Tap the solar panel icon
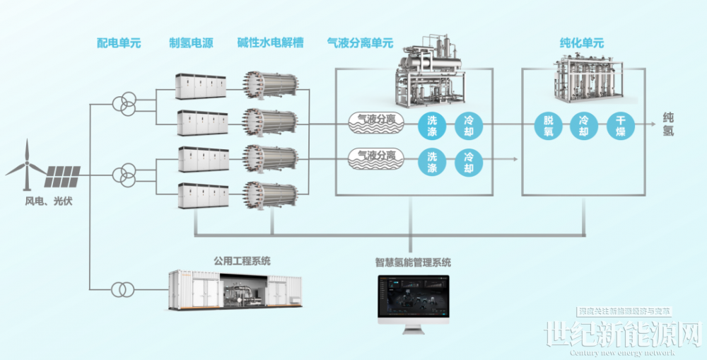click(63, 172)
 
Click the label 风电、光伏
click(49, 202)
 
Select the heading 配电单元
click(119, 43)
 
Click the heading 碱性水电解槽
click(271, 43)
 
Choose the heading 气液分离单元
click(360, 43)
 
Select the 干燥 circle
click(620, 127)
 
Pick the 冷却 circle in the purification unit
click(584, 127)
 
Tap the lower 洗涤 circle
click(431, 162)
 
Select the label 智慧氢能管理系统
click(413, 262)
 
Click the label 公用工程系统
click(242, 261)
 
